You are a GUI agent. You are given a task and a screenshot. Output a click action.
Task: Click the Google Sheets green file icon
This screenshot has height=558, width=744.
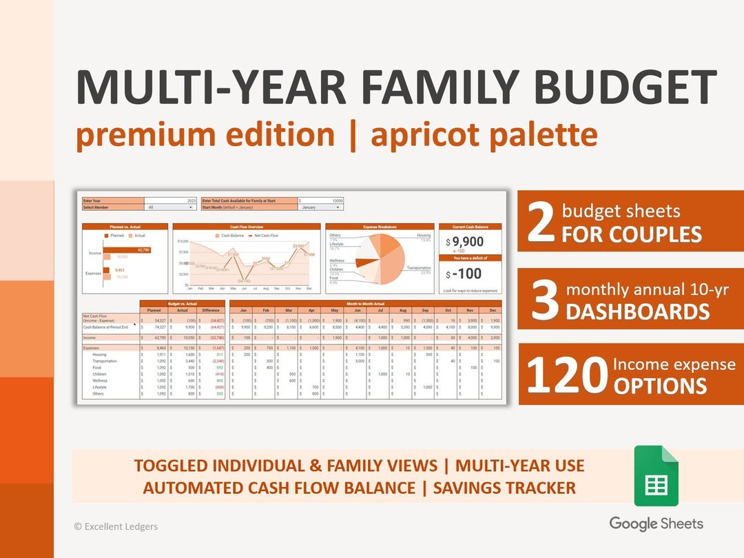pyautogui.click(x=656, y=476)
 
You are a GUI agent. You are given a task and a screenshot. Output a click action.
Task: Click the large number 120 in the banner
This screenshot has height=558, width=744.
pyautogui.click(x=567, y=375)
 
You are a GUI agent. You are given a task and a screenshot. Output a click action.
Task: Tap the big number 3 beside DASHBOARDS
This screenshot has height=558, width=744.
pyautogui.click(x=544, y=301)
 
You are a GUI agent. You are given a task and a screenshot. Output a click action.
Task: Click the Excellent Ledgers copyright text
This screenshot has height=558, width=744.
pyautogui.click(x=116, y=526)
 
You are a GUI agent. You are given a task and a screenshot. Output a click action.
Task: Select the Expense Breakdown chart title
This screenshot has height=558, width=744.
pyautogui.click(x=380, y=227)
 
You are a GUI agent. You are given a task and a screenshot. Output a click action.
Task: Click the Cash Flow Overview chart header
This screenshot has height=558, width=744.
pyautogui.click(x=246, y=227)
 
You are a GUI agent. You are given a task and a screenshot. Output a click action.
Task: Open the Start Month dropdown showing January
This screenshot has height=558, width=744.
pyautogui.click(x=320, y=207)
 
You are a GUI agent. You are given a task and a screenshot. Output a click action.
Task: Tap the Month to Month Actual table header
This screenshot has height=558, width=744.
pyautogui.click(x=365, y=303)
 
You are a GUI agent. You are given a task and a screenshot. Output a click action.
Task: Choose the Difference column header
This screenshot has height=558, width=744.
pyautogui.click(x=211, y=310)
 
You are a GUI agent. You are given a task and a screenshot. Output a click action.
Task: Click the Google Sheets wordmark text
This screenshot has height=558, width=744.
pyautogui.click(x=656, y=524)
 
